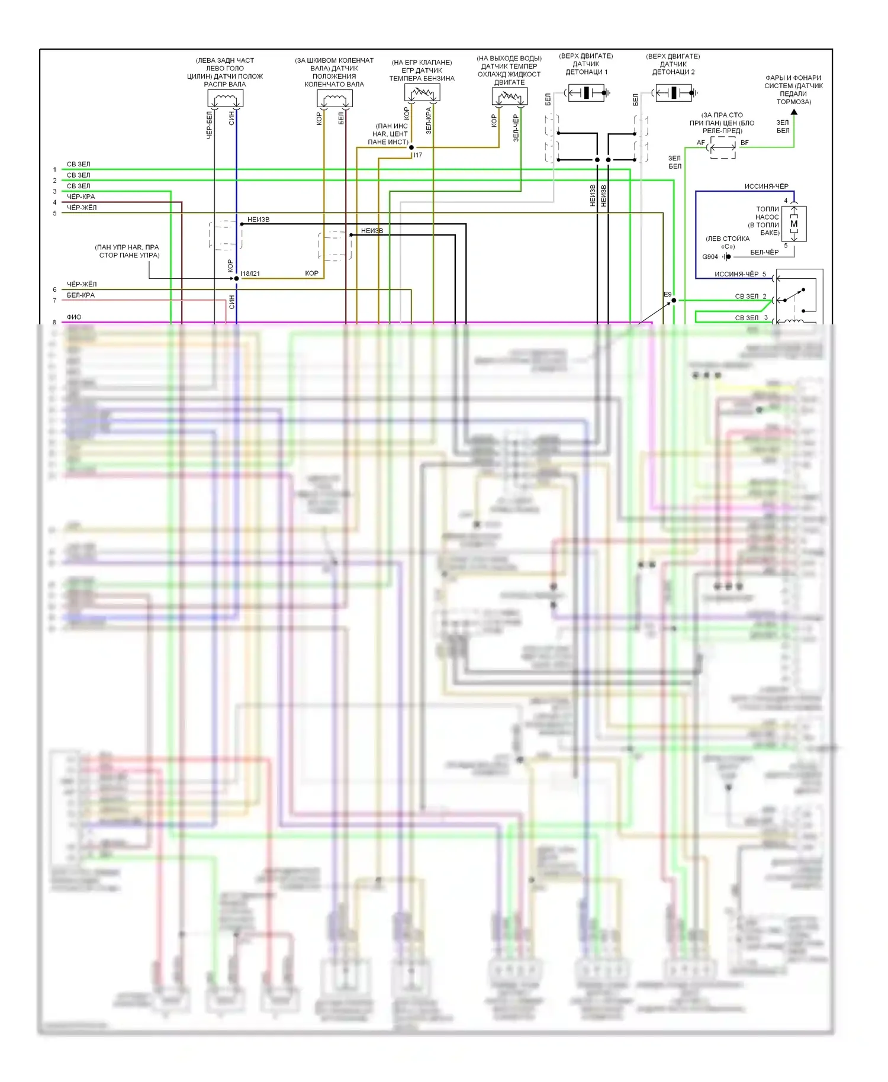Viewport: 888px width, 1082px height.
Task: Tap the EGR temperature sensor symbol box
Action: click(422, 92)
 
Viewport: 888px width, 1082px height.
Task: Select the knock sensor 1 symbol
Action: click(586, 93)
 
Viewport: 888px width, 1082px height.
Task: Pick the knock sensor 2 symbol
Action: click(674, 93)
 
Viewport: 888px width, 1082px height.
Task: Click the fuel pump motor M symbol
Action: click(794, 224)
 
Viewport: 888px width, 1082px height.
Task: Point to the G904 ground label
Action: click(710, 257)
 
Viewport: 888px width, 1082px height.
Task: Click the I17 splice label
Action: click(418, 155)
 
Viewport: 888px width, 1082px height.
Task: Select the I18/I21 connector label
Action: click(250, 273)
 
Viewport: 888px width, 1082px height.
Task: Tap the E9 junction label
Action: click(667, 294)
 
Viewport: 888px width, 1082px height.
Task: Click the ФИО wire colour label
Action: click(74, 317)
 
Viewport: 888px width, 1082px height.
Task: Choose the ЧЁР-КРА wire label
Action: click(81, 197)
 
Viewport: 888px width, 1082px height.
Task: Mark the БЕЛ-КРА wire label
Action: click(81, 295)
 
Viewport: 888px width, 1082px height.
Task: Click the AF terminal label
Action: click(700, 143)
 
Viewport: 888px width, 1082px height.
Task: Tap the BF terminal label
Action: click(744, 143)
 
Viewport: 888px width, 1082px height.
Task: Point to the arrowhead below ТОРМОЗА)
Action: click(794, 112)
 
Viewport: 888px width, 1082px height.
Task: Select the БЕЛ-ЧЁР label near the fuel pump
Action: click(764, 252)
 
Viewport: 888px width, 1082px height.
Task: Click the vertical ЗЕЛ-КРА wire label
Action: click(429, 120)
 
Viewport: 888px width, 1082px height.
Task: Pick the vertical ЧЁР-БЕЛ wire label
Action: click(209, 125)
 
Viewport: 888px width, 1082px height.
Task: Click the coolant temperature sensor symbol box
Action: click(509, 96)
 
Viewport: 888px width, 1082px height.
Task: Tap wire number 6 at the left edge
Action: click(54, 289)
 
